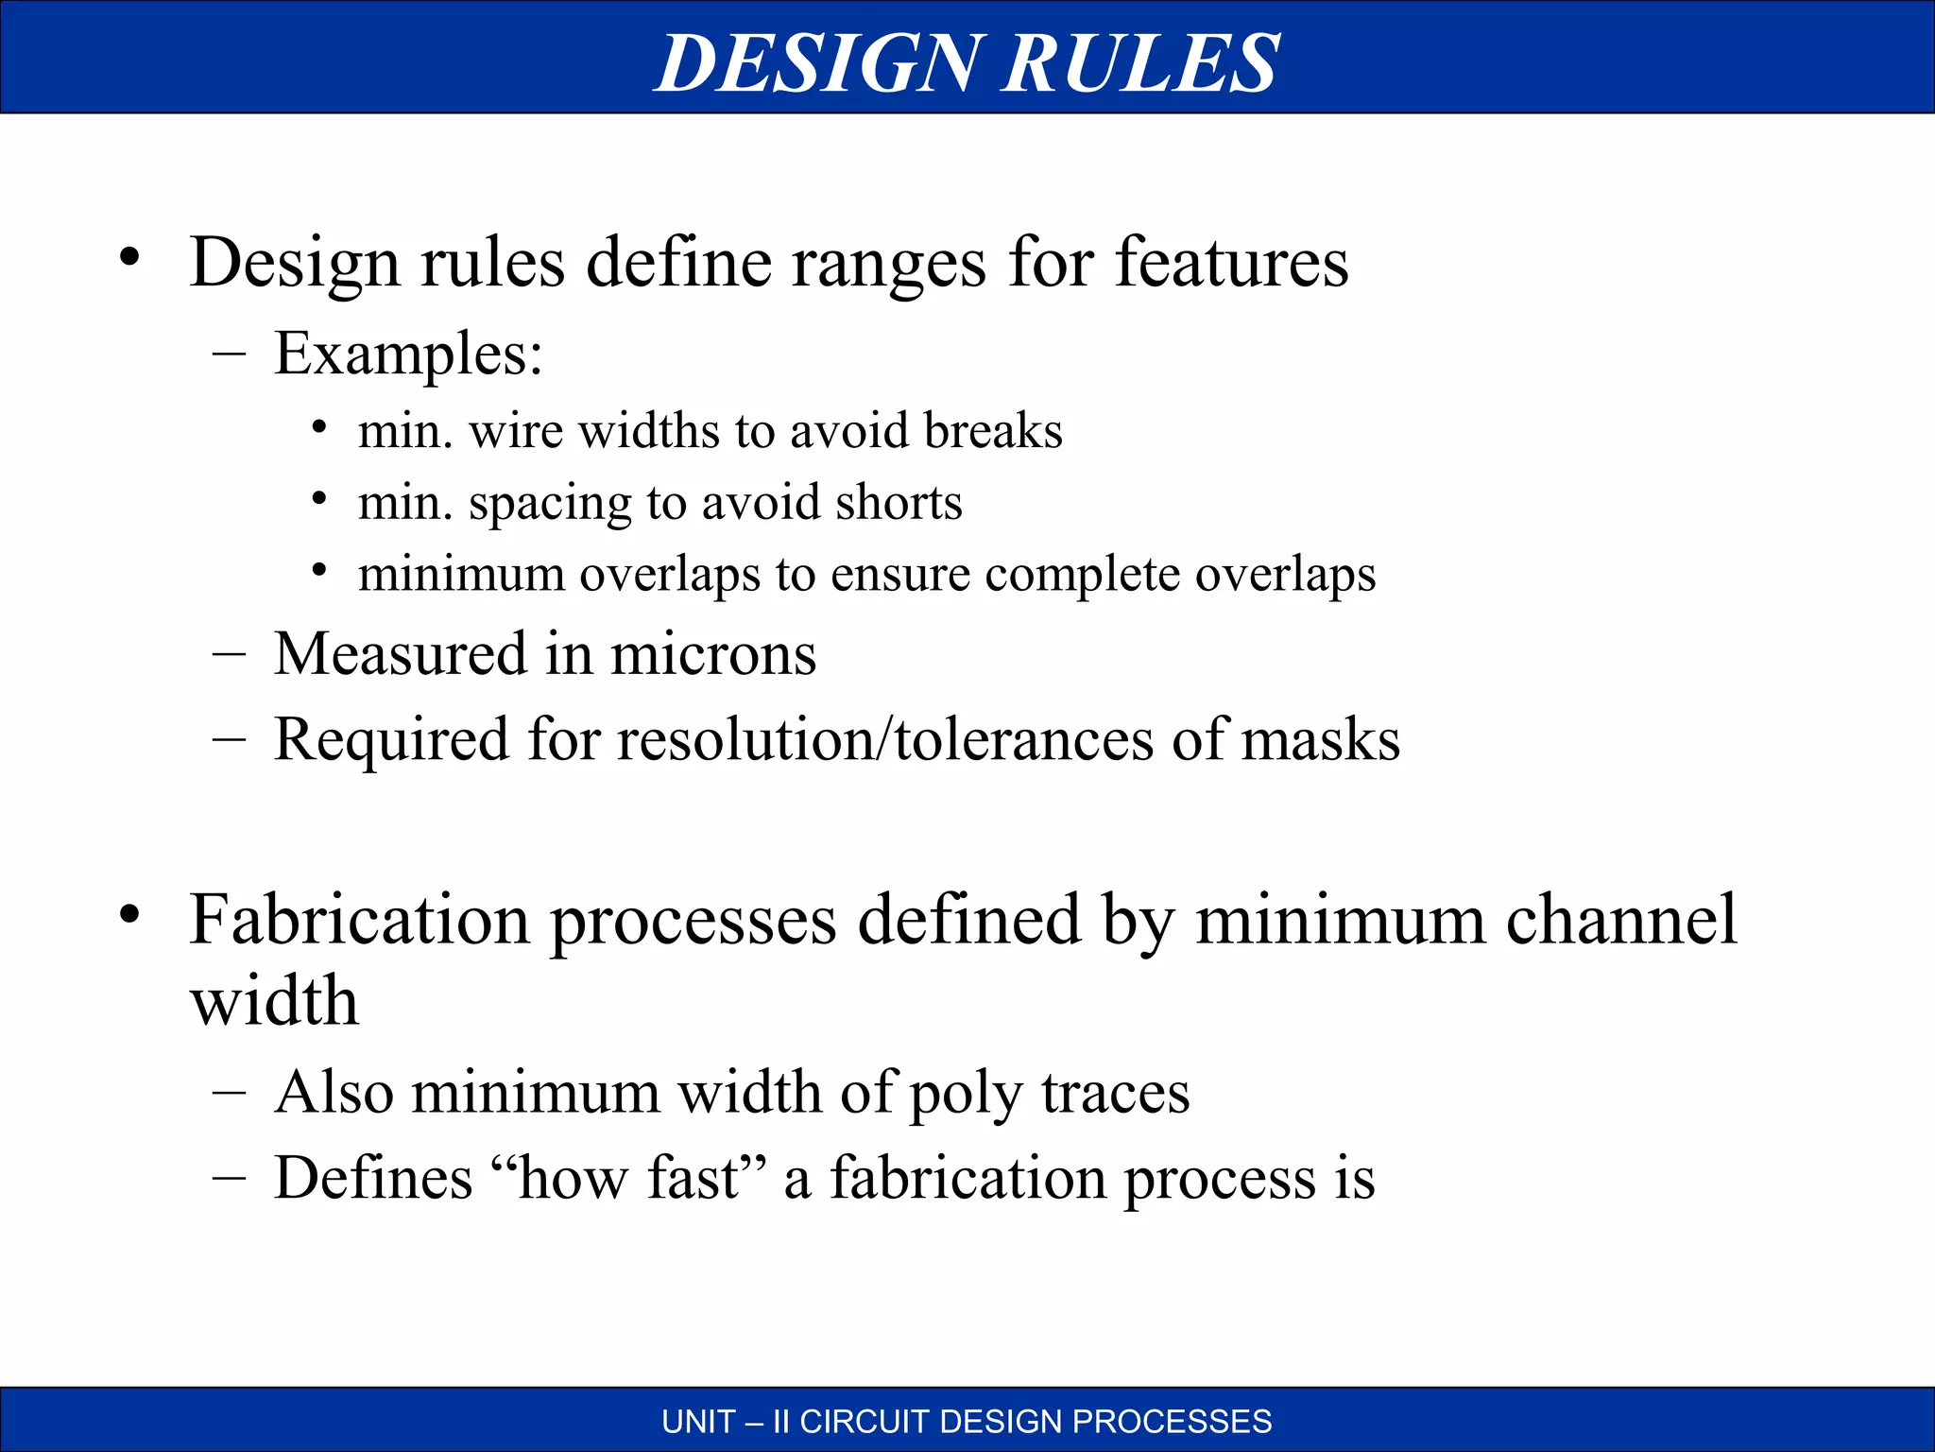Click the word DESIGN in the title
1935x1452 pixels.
[x=818, y=62]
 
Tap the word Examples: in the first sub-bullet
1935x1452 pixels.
[x=408, y=354]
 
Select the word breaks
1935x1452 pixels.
[x=993, y=431]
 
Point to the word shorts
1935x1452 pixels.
[x=899, y=502]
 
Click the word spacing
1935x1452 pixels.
[x=550, y=504]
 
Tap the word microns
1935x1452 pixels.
[x=713, y=654]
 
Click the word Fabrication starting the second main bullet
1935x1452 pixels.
[x=360, y=920]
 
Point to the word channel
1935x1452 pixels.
[x=1621, y=920]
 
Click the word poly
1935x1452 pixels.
[x=966, y=1094]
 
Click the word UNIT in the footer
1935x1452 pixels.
[x=698, y=1422]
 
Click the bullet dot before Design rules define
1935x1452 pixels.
[x=129, y=257]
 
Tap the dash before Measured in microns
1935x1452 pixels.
[x=230, y=653]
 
